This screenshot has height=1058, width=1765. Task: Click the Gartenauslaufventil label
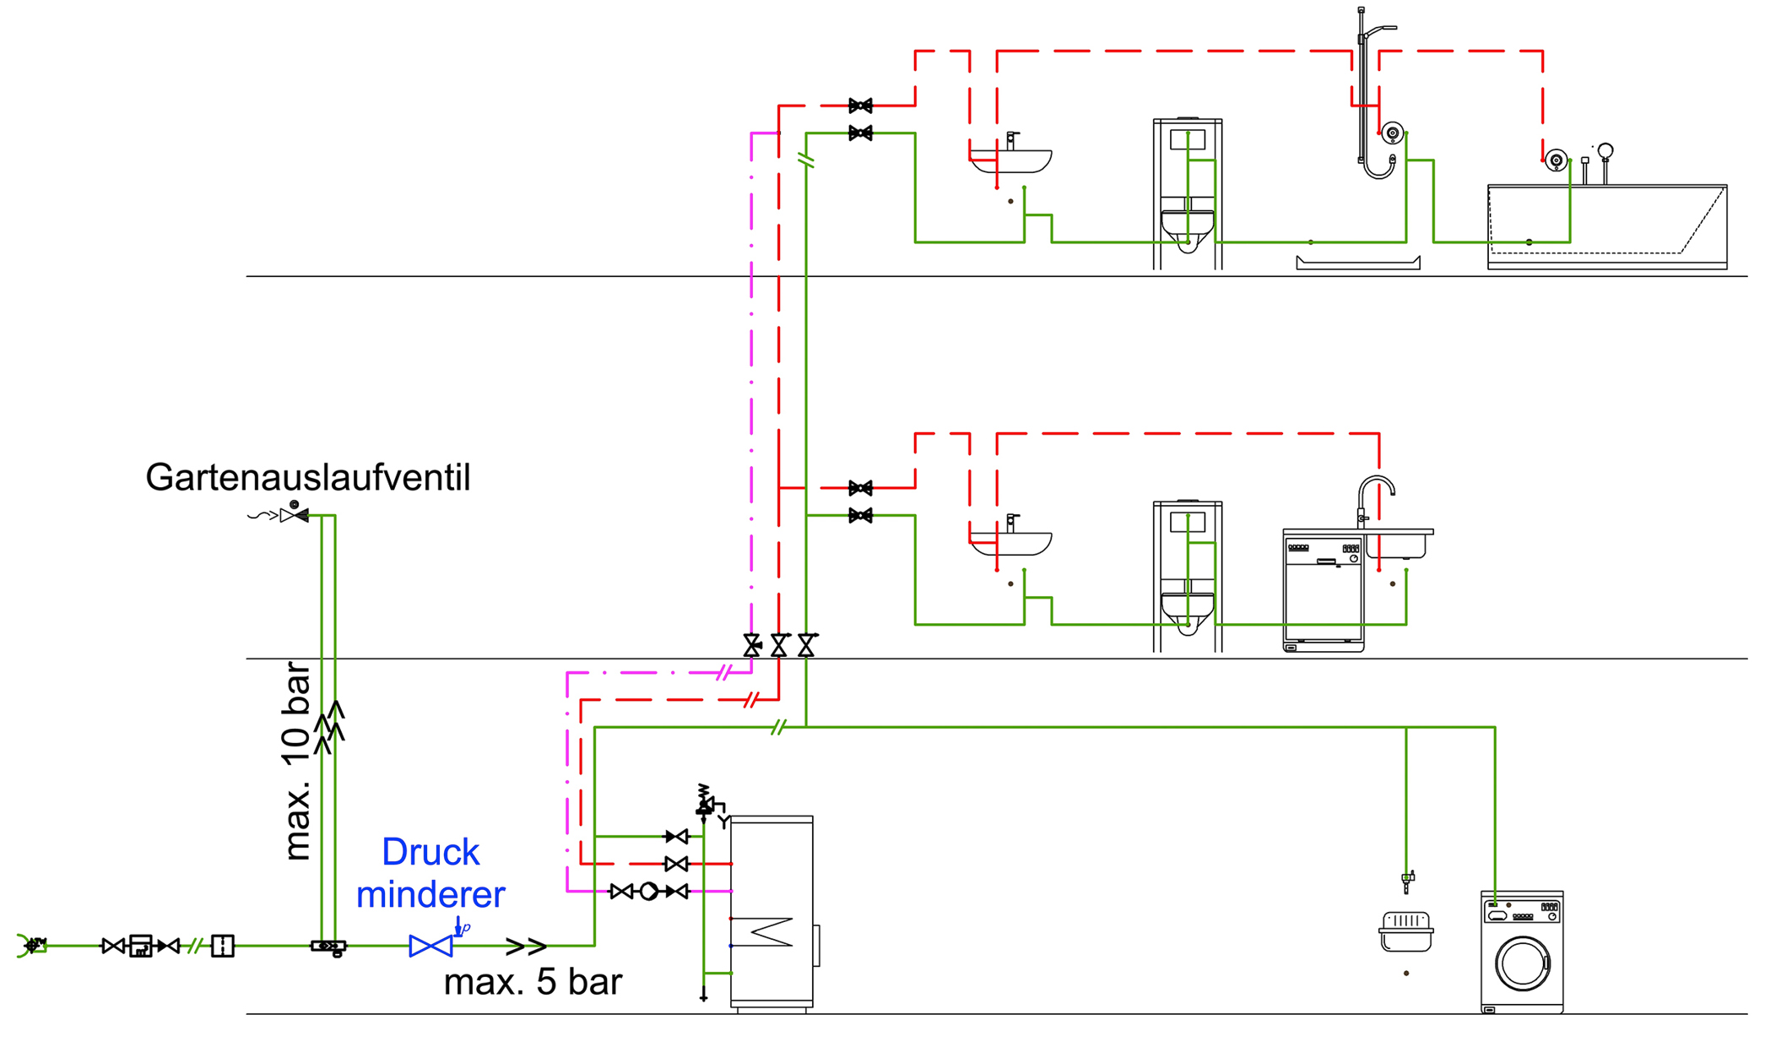tap(307, 478)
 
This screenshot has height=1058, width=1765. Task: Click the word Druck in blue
tap(430, 852)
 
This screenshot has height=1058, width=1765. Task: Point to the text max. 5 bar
tap(533, 982)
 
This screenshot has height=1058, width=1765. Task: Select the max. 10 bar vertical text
tap(296, 761)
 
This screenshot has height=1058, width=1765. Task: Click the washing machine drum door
tap(1523, 964)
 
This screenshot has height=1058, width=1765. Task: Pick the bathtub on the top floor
tap(1607, 226)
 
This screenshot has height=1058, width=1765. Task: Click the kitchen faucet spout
tap(1376, 488)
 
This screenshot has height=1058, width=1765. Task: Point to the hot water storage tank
tap(772, 913)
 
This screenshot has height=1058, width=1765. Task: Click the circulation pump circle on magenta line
tap(648, 891)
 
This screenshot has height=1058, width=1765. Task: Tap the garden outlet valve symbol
tap(294, 514)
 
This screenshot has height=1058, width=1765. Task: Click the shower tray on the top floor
tap(1358, 263)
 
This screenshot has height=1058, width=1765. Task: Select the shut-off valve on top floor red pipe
tap(860, 106)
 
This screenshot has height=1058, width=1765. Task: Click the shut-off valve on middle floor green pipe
tap(860, 515)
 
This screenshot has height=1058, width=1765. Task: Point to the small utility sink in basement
tap(1405, 931)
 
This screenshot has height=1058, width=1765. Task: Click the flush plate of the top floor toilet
tap(1188, 139)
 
